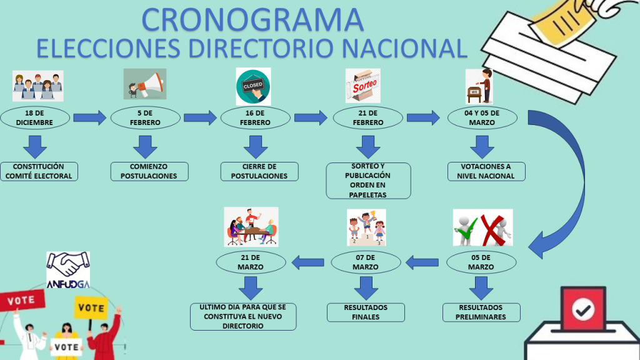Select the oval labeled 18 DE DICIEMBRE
(x=35, y=117)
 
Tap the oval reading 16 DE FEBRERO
(x=255, y=117)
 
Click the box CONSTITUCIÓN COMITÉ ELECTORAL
(x=39, y=171)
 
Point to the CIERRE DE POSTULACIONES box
(x=259, y=171)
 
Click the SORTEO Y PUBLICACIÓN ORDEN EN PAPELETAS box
(x=368, y=181)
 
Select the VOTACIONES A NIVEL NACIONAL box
(x=486, y=171)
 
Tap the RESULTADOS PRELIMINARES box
(x=481, y=312)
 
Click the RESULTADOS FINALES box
(x=366, y=312)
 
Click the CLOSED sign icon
(x=253, y=86)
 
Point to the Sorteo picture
(x=362, y=86)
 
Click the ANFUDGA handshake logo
(x=68, y=270)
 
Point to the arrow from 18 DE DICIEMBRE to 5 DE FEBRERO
(x=90, y=117)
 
